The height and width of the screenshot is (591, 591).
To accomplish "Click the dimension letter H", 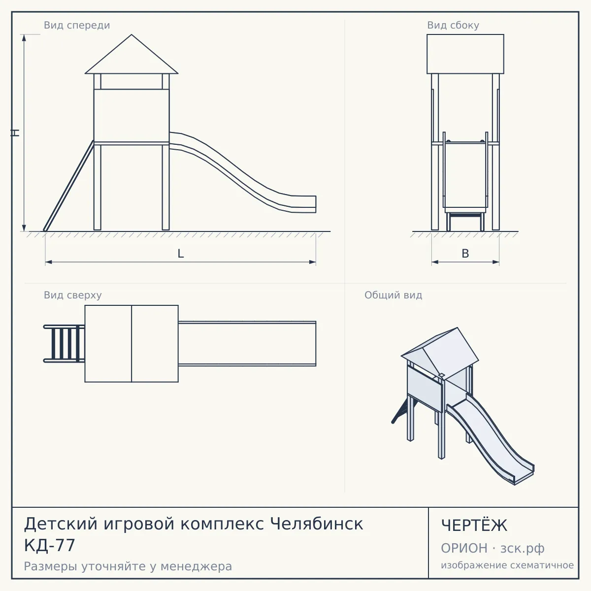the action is [x=15, y=132].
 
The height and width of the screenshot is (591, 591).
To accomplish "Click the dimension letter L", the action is [x=181, y=254].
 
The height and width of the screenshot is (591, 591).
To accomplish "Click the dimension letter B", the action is [x=465, y=254].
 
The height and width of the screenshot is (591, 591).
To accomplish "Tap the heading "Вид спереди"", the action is [x=77, y=25].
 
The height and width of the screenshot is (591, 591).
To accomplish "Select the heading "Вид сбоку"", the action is [x=453, y=25].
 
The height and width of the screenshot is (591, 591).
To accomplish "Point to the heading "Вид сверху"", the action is [x=73, y=295].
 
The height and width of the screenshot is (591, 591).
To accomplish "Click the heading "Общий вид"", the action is [x=393, y=295].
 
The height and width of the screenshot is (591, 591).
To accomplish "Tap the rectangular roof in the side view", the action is [x=465, y=54].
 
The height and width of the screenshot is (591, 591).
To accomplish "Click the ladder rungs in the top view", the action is [x=65, y=343].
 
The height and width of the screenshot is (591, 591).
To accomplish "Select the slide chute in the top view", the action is [x=247, y=343].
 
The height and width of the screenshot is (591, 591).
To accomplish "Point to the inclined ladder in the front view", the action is [x=69, y=186].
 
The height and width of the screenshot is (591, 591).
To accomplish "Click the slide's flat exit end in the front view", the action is [x=304, y=204].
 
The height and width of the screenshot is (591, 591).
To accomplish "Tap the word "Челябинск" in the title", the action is [x=316, y=524].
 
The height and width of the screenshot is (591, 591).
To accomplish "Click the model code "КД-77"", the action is [x=49, y=546].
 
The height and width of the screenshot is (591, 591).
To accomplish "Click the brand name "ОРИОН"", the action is [x=464, y=548].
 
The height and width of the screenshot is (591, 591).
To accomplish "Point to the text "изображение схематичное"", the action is [x=507, y=565].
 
